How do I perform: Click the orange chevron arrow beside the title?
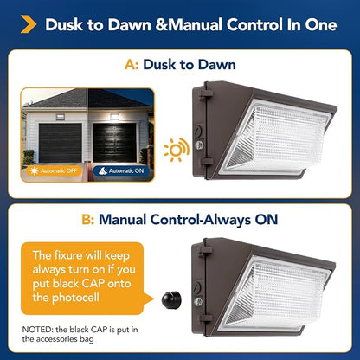pyautogui.click(x=29, y=24)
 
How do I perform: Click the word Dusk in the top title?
pyautogui.click(x=63, y=25)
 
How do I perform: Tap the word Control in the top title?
pyautogui.click(x=254, y=25)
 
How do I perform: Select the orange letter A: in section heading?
pyautogui.click(x=132, y=65)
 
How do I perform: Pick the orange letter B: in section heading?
pyautogui.click(x=88, y=220)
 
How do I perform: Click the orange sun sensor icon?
pyautogui.click(x=177, y=150)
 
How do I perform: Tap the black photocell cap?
pyautogui.click(x=171, y=299)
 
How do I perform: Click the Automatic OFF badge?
pyautogui.click(x=54, y=170)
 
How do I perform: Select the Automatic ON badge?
pyautogui.click(x=122, y=170)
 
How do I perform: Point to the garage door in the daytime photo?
pyautogui.click(x=60, y=143)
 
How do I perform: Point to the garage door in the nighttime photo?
pyautogui.click(x=115, y=143)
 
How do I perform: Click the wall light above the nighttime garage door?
pyautogui.click(x=114, y=117)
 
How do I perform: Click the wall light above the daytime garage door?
pyautogui.click(x=60, y=117)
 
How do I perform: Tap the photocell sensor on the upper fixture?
pyautogui.click(x=198, y=145)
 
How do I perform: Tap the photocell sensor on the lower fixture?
pyautogui.click(x=198, y=302)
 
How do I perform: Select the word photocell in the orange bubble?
pyautogui.click(x=75, y=298)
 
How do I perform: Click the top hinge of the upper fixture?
pyautogui.click(x=206, y=93)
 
